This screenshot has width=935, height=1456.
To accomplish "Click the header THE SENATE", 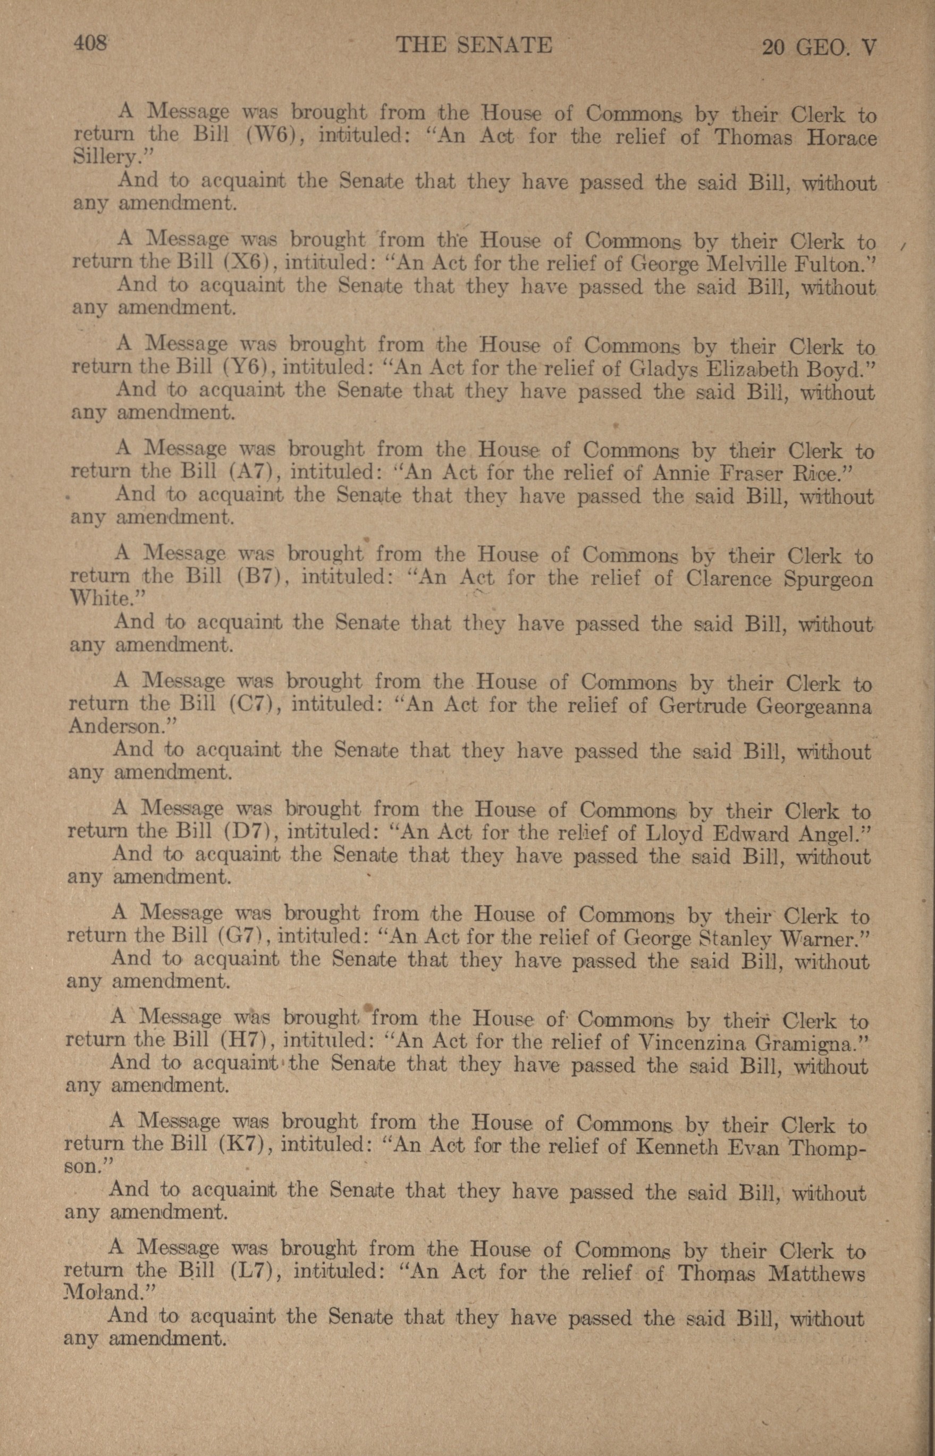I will tap(474, 45).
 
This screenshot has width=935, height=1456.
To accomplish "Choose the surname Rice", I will tap(820, 474).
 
